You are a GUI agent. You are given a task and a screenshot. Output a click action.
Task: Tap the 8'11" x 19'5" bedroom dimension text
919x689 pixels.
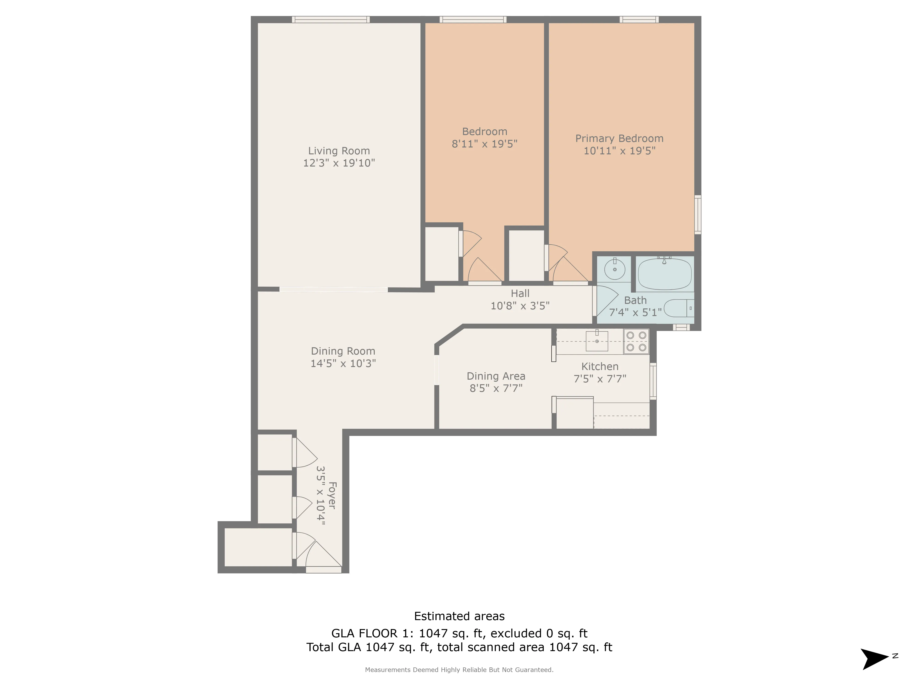[484, 144]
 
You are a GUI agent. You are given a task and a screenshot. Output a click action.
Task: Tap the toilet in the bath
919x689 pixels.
[678, 308]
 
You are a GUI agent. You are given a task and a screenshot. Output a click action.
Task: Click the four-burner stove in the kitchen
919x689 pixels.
[636, 341]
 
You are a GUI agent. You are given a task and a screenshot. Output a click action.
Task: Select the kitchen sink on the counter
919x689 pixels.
[597, 341]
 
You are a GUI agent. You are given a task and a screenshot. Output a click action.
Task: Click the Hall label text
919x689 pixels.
[520, 293]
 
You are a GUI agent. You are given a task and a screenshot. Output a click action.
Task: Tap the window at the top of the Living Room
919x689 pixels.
[331, 20]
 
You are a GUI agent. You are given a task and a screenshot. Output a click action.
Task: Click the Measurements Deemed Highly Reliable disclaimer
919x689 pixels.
[459, 669]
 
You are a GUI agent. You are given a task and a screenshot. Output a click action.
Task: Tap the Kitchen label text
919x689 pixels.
[599, 366]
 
